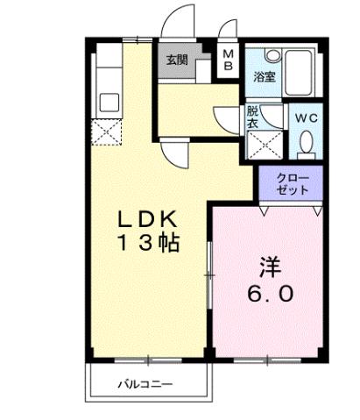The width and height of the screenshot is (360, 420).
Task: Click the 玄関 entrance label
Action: [x=176, y=61]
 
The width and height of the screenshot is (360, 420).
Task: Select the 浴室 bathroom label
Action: [x=265, y=75]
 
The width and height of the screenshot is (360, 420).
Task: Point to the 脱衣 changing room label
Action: [x=252, y=117]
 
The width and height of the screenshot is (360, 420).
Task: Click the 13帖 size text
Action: [x=148, y=243]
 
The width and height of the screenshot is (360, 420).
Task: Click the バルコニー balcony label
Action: [x=145, y=383]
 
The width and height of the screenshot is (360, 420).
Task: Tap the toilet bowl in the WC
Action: [x=306, y=142]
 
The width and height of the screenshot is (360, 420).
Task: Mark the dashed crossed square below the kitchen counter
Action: [x=109, y=133]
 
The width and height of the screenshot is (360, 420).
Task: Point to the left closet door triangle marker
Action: [x=263, y=211]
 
